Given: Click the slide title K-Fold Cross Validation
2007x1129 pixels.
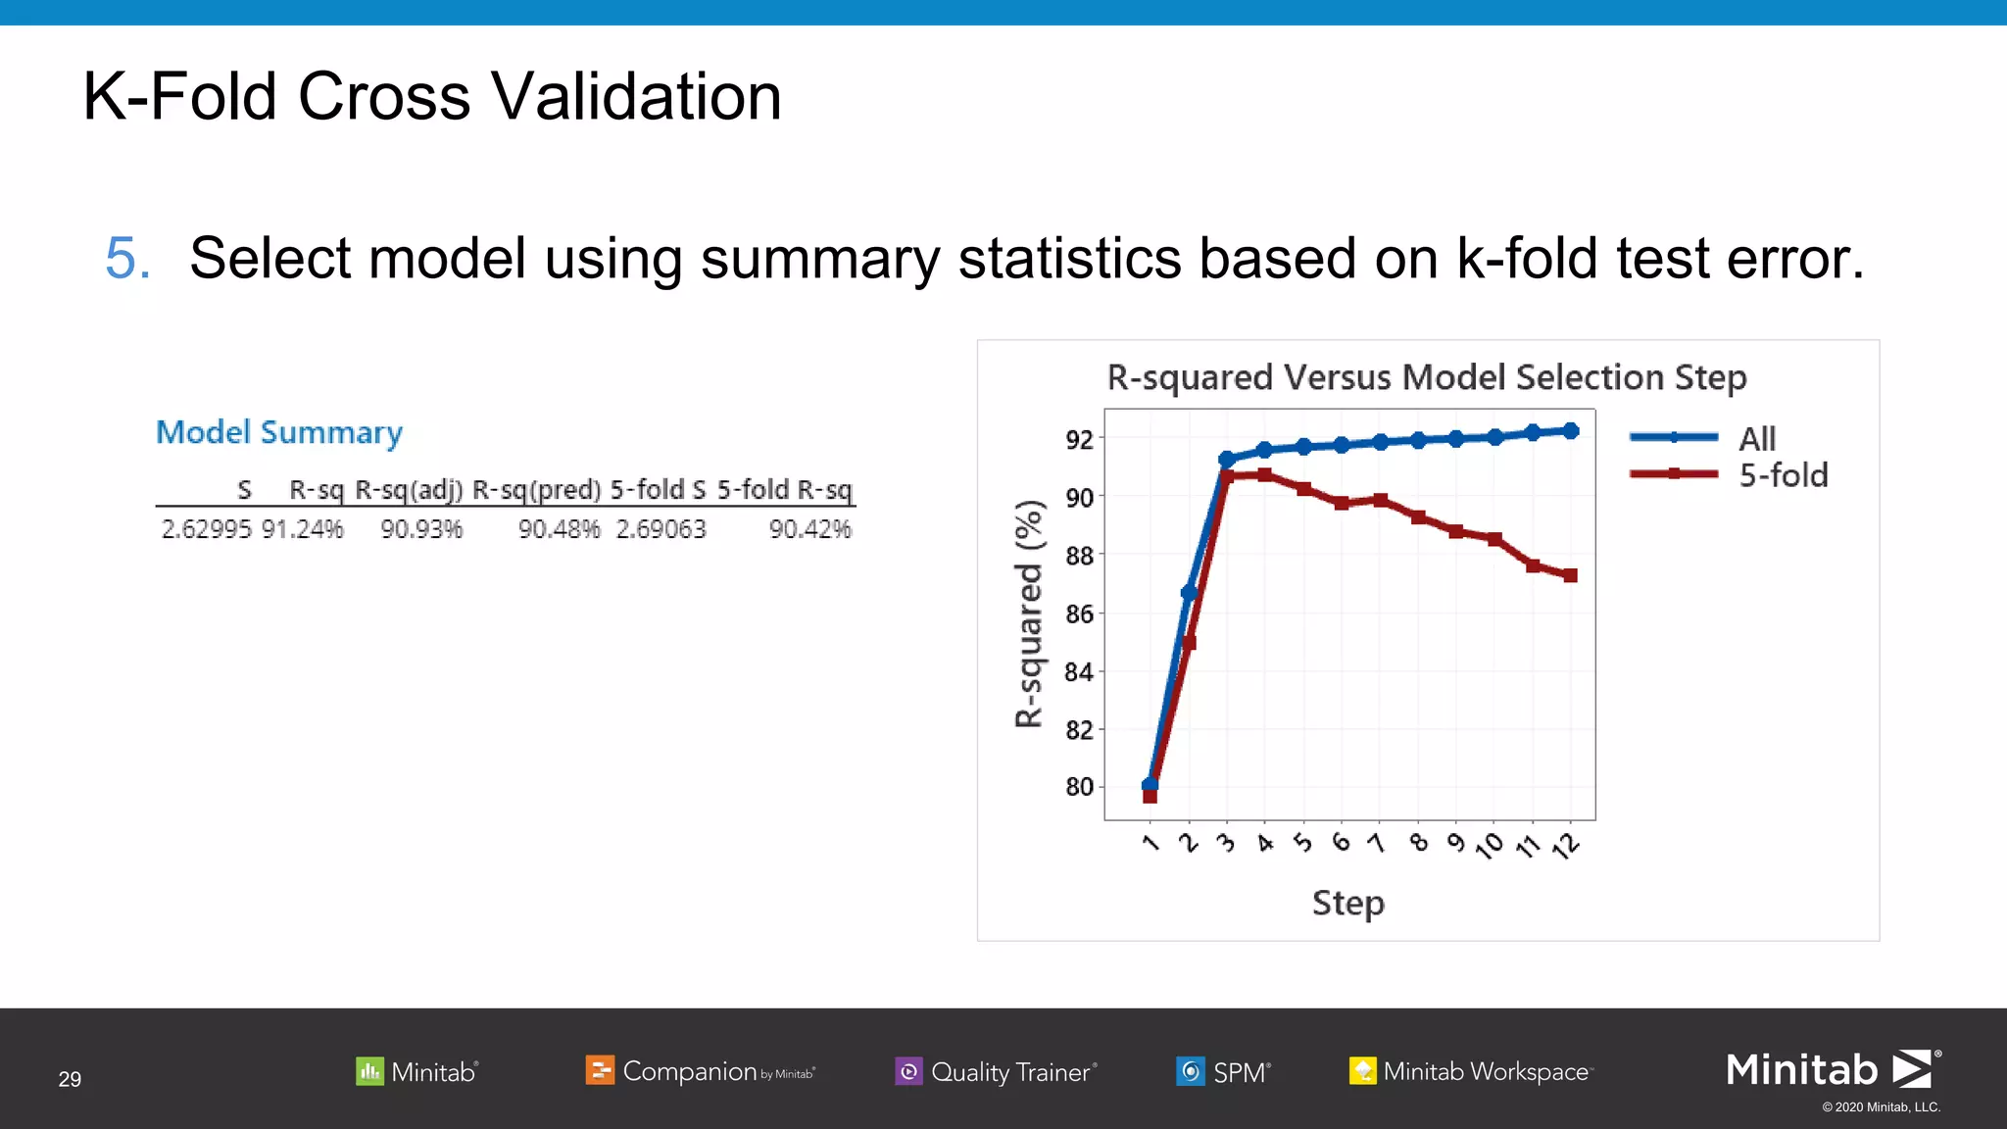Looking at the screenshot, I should [431, 97].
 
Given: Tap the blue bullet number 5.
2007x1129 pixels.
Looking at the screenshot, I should [127, 259].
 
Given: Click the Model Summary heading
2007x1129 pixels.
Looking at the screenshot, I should [279, 432].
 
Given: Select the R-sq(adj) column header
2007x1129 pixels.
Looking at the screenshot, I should [409, 490].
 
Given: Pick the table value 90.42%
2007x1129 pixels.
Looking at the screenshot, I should [809, 529].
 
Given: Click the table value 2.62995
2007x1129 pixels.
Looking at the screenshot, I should [206, 529].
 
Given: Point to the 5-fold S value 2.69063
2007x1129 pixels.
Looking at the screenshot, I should [661, 529].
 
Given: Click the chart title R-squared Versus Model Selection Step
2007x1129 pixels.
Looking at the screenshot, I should [1426, 377].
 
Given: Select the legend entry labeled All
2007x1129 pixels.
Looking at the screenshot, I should [1756, 438].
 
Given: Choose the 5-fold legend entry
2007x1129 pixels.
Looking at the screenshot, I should [1783, 475].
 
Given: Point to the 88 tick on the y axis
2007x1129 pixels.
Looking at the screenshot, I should [1079, 556].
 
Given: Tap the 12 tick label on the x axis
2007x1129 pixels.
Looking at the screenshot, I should [1566, 845].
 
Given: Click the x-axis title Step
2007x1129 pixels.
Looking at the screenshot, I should [1347, 903].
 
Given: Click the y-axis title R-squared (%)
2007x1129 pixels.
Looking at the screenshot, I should [1028, 614].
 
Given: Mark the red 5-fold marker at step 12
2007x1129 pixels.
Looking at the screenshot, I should [1570, 575].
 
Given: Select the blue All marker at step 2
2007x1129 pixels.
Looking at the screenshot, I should [1188, 592].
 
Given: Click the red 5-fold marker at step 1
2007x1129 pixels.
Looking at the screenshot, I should [1150, 797].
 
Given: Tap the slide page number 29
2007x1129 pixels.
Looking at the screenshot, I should [70, 1079].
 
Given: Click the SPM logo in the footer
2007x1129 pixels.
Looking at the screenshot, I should [1223, 1071].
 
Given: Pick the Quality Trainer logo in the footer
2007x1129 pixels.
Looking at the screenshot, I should [996, 1071].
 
